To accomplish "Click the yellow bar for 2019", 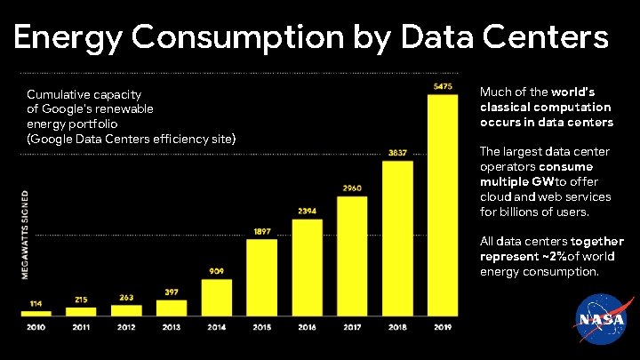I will point(443,204).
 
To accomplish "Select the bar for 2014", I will point(217,297).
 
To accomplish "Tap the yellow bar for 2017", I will point(352,255).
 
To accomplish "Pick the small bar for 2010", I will point(36,312).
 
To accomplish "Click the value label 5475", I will point(443,86).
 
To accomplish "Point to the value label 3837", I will point(397,152).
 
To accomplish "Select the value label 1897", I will point(261,231).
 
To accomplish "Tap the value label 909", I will point(217,271).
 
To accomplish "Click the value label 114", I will point(36,303).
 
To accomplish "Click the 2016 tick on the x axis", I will point(307,327).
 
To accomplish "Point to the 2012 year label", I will point(126,327).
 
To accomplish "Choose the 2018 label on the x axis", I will point(397,327).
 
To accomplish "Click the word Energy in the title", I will point(70,37).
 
